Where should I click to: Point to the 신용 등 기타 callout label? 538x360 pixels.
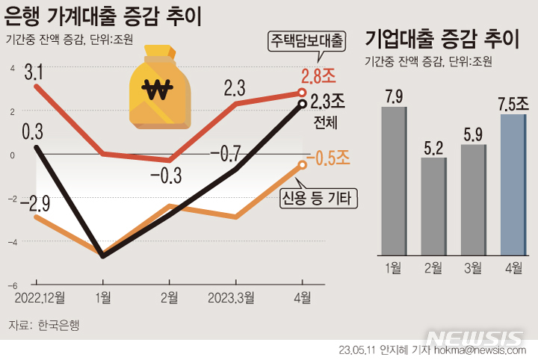tap(318, 197)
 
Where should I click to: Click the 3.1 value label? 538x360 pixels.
tap(34, 73)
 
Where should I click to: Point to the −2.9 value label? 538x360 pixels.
tap(35, 202)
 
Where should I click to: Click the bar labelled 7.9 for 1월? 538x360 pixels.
tap(394, 180)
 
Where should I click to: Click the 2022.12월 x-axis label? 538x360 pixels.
tap(38, 299)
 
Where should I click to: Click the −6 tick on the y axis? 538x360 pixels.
tap(12, 285)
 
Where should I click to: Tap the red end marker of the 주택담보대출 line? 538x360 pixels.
tap(302, 93)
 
